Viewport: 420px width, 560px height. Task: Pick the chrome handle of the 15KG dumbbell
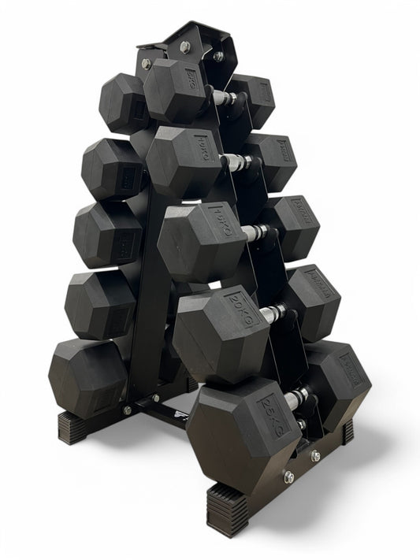coord(254,233)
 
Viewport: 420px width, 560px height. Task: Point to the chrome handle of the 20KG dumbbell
coord(272,313)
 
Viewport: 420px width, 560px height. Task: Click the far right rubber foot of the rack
coord(347,431)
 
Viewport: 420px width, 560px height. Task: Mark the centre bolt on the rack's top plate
coord(184,47)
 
